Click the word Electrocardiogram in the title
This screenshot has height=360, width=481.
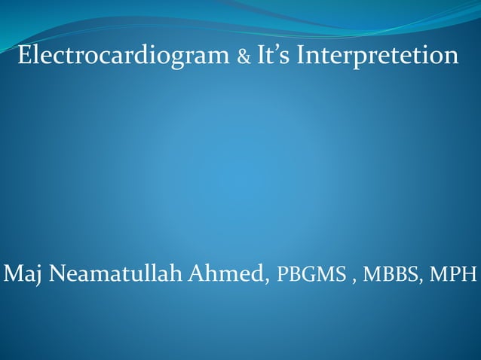point(124,56)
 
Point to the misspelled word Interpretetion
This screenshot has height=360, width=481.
point(378,56)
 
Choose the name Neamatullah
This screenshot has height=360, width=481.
point(112,272)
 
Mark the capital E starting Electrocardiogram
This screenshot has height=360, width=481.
point(23,56)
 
